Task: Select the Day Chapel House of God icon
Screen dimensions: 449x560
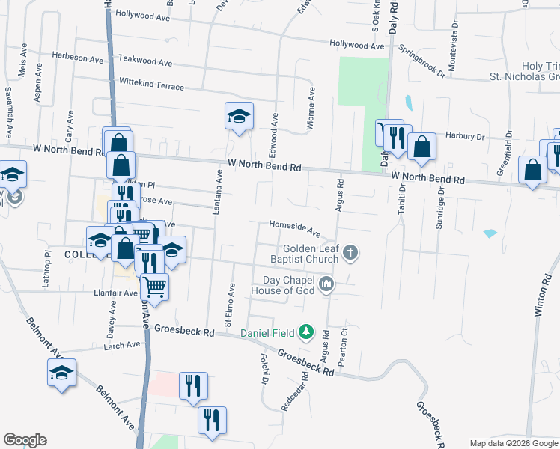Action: tap(326, 284)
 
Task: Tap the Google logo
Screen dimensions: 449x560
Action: tap(25, 440)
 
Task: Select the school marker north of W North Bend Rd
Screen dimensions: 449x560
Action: tap(239, 116)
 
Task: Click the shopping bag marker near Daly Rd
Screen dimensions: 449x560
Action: tap(422, 147)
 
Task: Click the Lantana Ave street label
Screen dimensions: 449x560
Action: tap(219, 193)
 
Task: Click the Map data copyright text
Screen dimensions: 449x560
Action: tap(514, 443)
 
